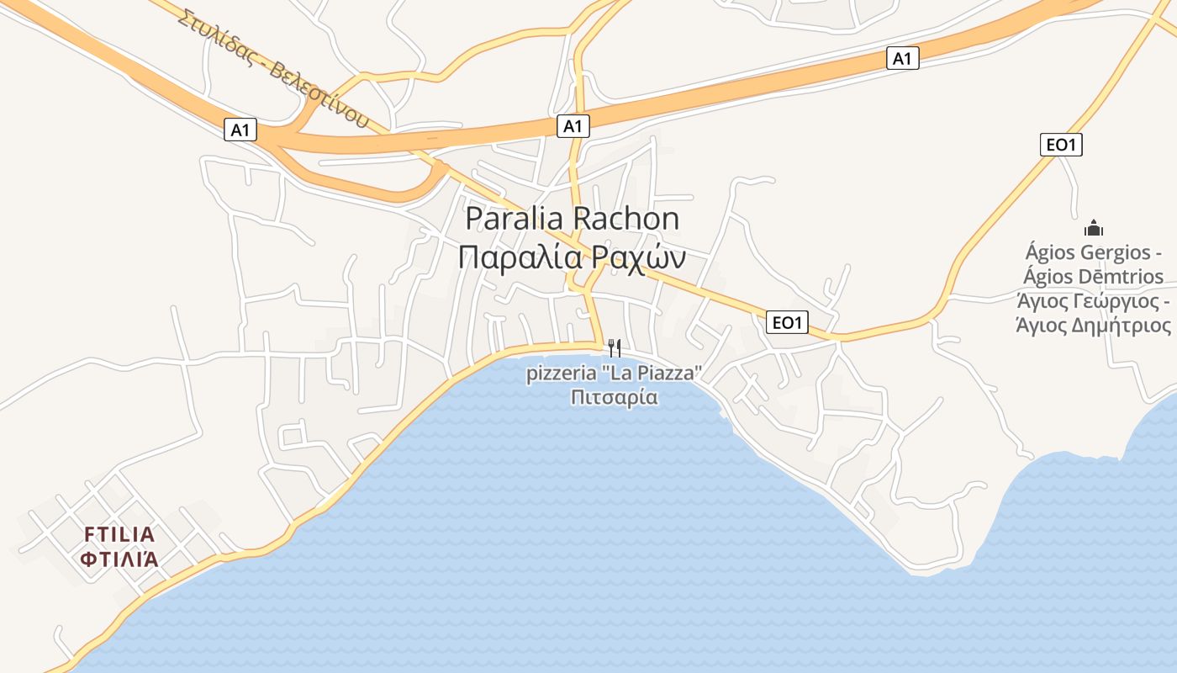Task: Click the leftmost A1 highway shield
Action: coord(240,130)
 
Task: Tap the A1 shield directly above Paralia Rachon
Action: coord(573,126)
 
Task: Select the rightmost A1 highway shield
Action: coord(902,58)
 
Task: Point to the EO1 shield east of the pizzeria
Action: coord(788,321)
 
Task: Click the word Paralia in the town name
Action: coord(515,219)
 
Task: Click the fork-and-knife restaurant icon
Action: coord(615,347)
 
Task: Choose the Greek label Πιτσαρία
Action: coord(614,397)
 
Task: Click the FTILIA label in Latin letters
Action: coord(119,534)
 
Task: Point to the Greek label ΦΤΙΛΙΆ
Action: coord(119,559)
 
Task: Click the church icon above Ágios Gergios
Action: coord(1094,227)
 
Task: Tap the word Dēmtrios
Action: coord(1116,276)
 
